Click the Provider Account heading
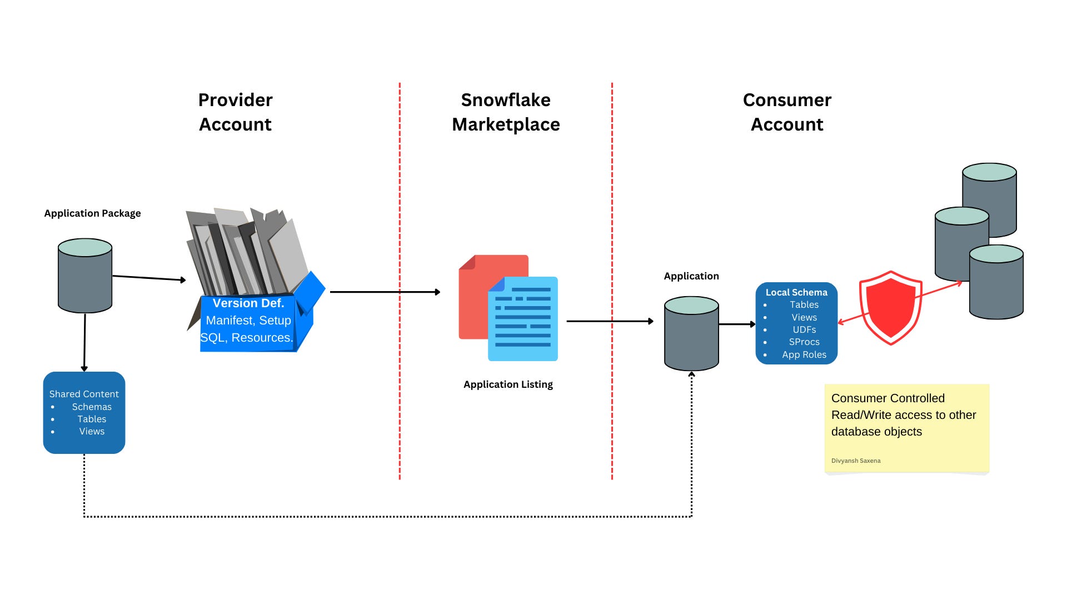click(x=236, y=112)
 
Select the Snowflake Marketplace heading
click(x=506, y=112)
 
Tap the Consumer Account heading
click(x=787, y=112)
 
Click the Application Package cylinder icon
click(x=85, y=276)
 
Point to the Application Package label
click(x=92, y=213)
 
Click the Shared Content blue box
click(x=84, y=413)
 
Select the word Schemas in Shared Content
click(x=92, y=407)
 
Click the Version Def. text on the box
click(x=248, y=303)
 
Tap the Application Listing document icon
click(x=508, y=308)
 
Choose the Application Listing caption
click(x=508, y=384)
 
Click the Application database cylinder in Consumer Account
click(x=691, y=333)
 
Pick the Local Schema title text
click(x=796, y=292)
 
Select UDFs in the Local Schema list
click(x=804, y=329)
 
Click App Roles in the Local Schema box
click(x=804, y=354)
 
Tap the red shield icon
click(x=891, y=308)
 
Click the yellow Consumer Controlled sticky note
click(x=907, y=428)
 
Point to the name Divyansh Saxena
click(x=856, y=461)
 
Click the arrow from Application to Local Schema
click(x=737, y=324)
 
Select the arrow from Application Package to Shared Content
click(x=84, y=343)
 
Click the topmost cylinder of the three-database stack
click(x=989, y=200)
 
